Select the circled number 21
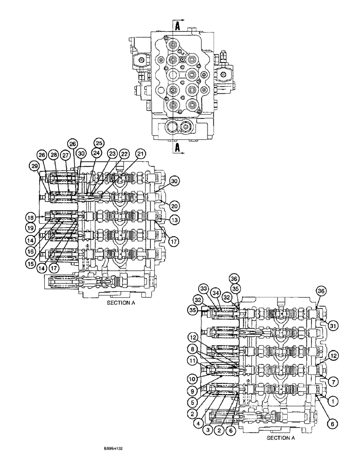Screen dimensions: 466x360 [x=140, y=153]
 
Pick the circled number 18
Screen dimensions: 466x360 [x=30, y=217]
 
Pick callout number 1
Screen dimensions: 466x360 [x=333, y=399]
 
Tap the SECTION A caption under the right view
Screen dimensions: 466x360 [x=281, y=438]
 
